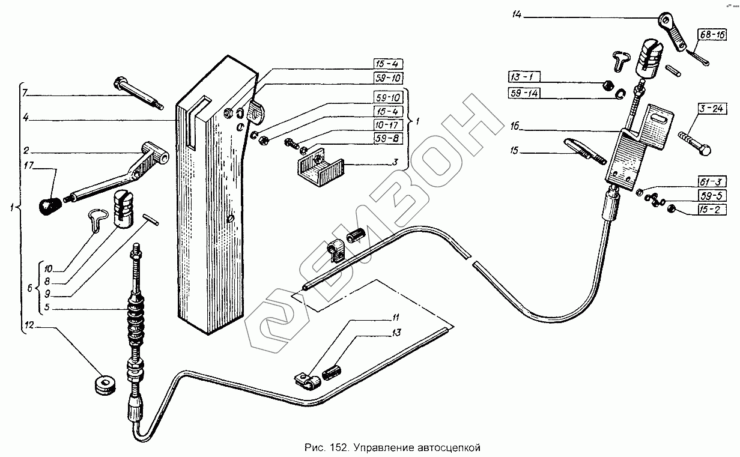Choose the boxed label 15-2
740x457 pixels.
click(x=713, y=209)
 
